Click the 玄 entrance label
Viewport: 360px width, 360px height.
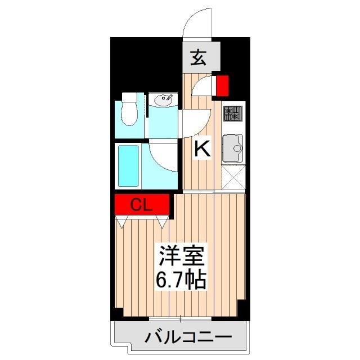197,58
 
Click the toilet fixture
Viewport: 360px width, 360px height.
130,109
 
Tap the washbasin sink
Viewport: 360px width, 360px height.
164,101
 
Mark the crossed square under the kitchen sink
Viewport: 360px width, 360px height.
232,178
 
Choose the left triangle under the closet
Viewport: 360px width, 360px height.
120,223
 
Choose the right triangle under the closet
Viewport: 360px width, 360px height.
163,223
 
